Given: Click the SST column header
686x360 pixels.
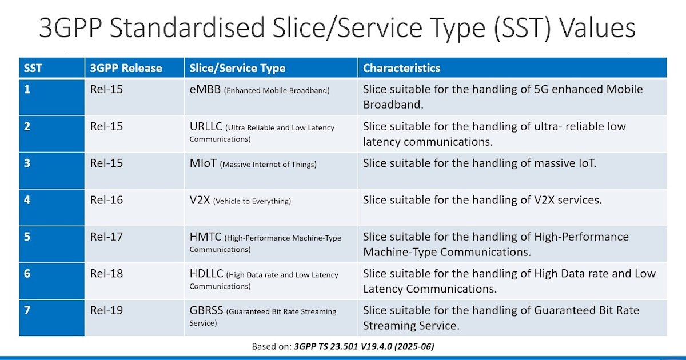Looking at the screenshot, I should click(33, 69).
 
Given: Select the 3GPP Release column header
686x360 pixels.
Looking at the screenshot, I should click(126, 69).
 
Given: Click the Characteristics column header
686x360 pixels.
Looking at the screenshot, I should click(402, 69).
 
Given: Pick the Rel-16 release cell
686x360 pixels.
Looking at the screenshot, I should click(106, 200).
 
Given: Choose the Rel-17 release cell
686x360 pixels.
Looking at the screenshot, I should click(106, 237).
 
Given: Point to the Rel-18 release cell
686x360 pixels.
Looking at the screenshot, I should click(106, 274).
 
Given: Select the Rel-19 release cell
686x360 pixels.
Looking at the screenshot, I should click(106, 310).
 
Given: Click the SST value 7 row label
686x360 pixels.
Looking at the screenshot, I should click(27, 310).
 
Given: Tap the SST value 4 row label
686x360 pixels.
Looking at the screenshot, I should click(27, 200).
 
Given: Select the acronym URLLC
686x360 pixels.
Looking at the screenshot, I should click(206, 127).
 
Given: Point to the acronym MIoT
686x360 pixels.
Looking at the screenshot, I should click(203, 163).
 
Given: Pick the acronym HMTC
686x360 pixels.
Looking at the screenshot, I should click(205, 237).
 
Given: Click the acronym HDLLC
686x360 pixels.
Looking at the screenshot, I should click(207, 274).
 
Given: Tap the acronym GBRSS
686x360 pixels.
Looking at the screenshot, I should click(207, 311).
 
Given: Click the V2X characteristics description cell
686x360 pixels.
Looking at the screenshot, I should click(482, 200).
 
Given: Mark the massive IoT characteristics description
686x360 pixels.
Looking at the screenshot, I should click(479, 163).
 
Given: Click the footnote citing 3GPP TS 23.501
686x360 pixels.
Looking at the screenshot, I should click(346, 346).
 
